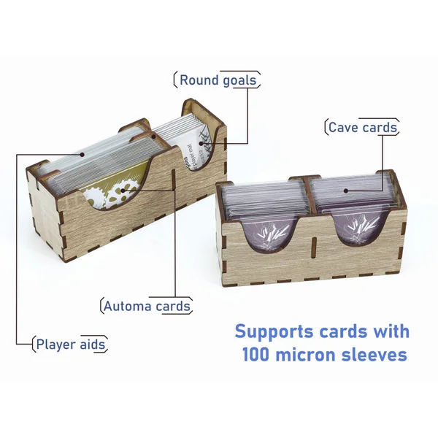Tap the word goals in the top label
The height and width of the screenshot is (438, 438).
pos(239,80)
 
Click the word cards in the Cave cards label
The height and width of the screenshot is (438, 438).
pos(381,128)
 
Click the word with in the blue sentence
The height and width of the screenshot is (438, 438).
pos(389,331)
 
